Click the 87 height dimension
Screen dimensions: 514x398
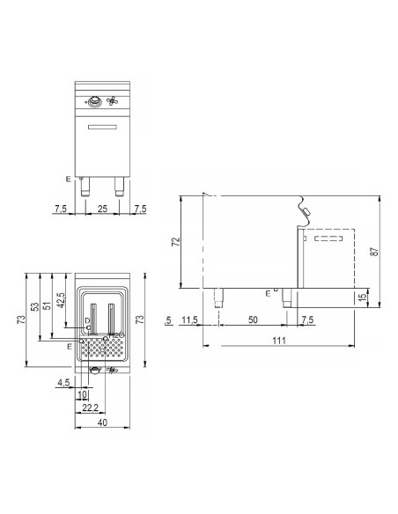pyautogui.click(x=377, y=252)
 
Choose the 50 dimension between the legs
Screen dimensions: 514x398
pyautogui.click(x=253, y=319)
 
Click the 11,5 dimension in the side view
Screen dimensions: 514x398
pyautogui.click(x=189, y=319)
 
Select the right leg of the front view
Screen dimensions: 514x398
pyautogui.click(x=119, y=187)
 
